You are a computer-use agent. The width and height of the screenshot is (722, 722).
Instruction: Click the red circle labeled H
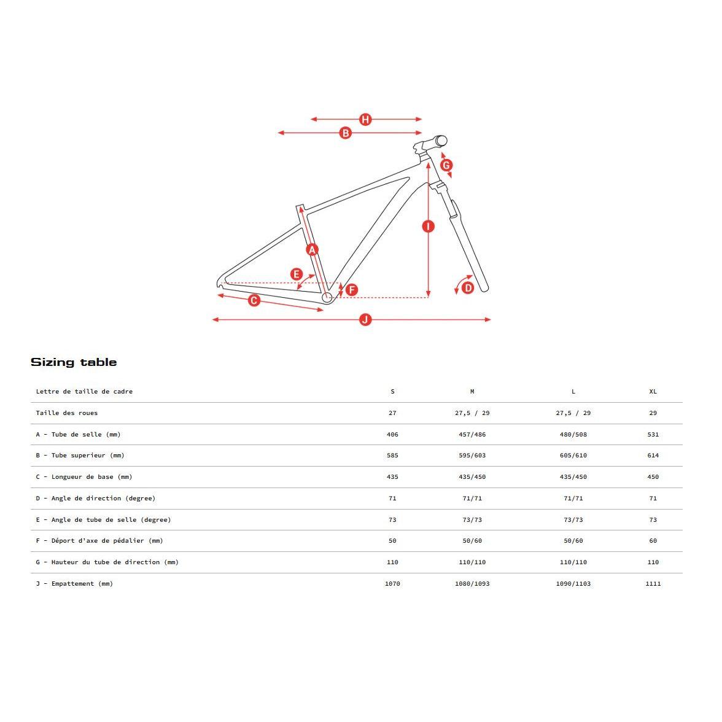(x=365, y=119)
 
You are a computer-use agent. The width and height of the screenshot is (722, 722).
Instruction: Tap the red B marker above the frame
(x=345, y=133)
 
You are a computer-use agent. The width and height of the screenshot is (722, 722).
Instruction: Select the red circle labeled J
(x=365, y=319)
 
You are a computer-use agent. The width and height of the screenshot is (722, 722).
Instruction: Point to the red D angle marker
(x=468, y=287)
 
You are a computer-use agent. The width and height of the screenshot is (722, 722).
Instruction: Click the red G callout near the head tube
(x=446, y=165)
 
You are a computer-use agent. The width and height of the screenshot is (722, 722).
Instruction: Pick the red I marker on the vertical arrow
(x=429, y=226)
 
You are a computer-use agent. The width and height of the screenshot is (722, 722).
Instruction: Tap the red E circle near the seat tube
(x=297, y=274)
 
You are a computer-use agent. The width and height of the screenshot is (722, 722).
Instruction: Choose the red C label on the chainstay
(x=254, y=300)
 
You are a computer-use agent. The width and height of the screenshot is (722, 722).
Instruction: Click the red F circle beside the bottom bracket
(x=352, y=290)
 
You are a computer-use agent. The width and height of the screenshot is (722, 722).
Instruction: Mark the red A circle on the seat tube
(x=312, y=249)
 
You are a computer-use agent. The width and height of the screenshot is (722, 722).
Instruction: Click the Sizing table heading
(x=74, y=362)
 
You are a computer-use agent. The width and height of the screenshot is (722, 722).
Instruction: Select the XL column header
(x=653, y=392)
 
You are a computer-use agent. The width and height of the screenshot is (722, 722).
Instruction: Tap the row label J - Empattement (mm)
(x=74, y=584)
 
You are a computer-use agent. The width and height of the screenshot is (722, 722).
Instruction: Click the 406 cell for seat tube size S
(x=392, y=435)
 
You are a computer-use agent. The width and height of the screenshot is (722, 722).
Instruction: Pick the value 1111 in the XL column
(x=653, y=584)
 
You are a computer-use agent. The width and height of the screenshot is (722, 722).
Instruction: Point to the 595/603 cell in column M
(x=472, y=456)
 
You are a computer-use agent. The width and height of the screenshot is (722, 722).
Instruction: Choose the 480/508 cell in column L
(x=573, y=435)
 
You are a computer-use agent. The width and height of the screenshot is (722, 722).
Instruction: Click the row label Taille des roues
(x=66, y=413)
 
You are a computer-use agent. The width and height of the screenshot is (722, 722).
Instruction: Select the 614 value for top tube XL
(x=653, y=456)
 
